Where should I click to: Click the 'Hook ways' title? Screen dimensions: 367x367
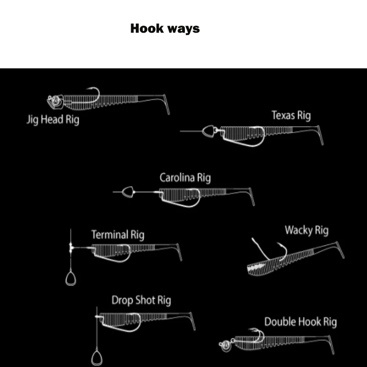click(x=165, y=28)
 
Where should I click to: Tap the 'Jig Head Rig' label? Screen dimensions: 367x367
click(x=53, y=120)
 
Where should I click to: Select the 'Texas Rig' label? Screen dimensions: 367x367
click(x=291, y=116)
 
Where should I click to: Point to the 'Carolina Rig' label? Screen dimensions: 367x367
click(x=185, y=178)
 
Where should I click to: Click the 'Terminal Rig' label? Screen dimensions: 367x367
click(x=118, y=235)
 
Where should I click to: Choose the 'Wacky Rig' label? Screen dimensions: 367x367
click(x=306, y=231)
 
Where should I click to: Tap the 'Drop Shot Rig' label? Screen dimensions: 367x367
click(x=141, y=300)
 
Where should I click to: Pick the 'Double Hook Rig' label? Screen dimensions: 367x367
click(x=300, y=322)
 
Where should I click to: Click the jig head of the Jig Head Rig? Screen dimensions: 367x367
click(x=55, y=101)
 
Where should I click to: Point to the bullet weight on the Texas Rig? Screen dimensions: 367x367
click(x=209, y=131)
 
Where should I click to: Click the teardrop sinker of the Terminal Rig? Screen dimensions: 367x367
click(x=71, y=278)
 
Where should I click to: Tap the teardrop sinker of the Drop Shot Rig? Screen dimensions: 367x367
click(x=97, y=358)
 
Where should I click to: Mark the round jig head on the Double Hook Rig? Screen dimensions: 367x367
click(x=226, y=345)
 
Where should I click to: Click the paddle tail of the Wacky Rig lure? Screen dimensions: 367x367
click(x=340, y=250)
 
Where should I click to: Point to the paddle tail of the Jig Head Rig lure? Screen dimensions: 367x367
click(x=167, y=105)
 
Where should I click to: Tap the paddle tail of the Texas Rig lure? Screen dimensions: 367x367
click(x=320, y=135)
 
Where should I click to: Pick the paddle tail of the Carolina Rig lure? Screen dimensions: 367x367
click(x=251, y=197)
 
